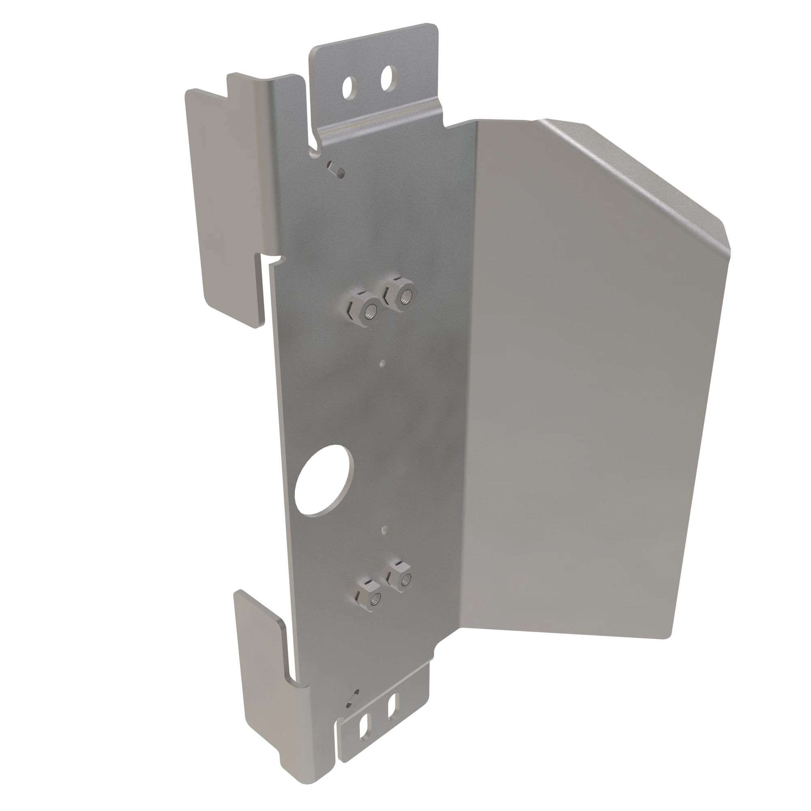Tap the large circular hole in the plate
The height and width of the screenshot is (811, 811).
tap(324, 479)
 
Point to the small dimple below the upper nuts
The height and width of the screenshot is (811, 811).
tap(381, 362)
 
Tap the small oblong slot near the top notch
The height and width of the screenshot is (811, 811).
tap(336, 168)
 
